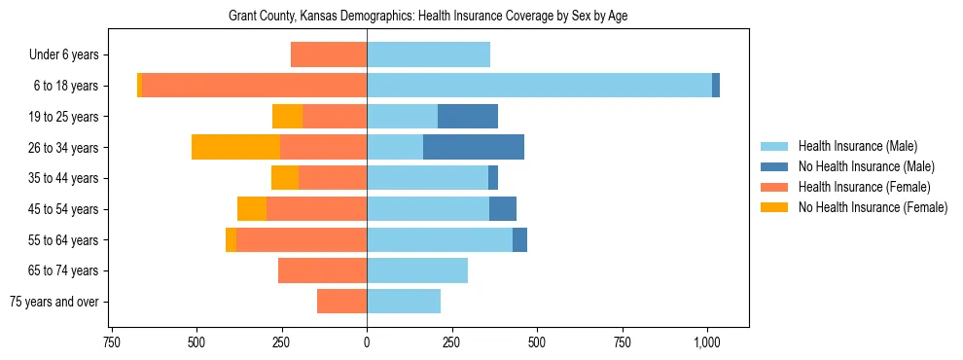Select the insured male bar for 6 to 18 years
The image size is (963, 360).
pos(539,86)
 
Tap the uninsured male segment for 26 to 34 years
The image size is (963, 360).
pos(474,147)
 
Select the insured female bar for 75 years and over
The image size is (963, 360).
pos(341,302)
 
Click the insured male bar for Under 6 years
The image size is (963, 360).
pos(428,55)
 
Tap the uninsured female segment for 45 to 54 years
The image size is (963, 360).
pos(252,209)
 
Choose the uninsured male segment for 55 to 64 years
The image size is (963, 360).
pos(519,239)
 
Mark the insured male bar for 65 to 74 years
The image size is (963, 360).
pos(417,270)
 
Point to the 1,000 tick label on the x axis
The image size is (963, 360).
pos(706,342)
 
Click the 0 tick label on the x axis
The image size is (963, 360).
pos(367,342)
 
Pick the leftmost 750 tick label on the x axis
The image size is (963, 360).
pos(111,342)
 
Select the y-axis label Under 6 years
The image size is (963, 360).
pos(64,55)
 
